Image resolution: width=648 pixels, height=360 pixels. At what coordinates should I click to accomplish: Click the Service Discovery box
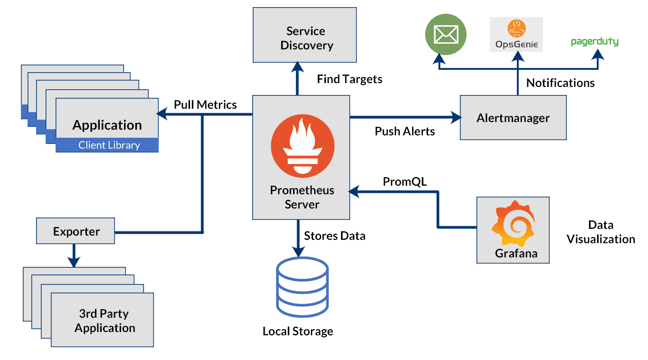pos(305,35)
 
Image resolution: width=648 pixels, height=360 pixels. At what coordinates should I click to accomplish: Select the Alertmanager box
pos(513,117)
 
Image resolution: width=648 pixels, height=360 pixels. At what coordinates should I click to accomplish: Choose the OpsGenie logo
pos(516,35)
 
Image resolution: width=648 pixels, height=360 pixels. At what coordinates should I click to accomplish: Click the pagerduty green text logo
pos(594,42)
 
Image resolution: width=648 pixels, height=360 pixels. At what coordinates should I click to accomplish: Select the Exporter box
pos(76,231)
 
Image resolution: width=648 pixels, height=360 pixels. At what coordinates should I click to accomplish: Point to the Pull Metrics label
pos(205,104)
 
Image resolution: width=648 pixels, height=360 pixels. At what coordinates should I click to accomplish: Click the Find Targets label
pos(349,79)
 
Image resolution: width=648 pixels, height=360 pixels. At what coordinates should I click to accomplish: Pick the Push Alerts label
pos(405,131)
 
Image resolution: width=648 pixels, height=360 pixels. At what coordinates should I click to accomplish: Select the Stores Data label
pos(334,236)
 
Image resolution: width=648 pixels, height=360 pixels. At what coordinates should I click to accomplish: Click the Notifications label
pos(560,83)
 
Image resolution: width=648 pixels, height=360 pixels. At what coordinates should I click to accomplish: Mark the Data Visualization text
pos(600,232)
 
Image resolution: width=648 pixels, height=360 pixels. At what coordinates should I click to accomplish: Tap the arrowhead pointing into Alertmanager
pos(457,116)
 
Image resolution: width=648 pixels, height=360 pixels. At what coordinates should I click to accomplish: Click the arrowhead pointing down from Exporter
pos(73,262)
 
